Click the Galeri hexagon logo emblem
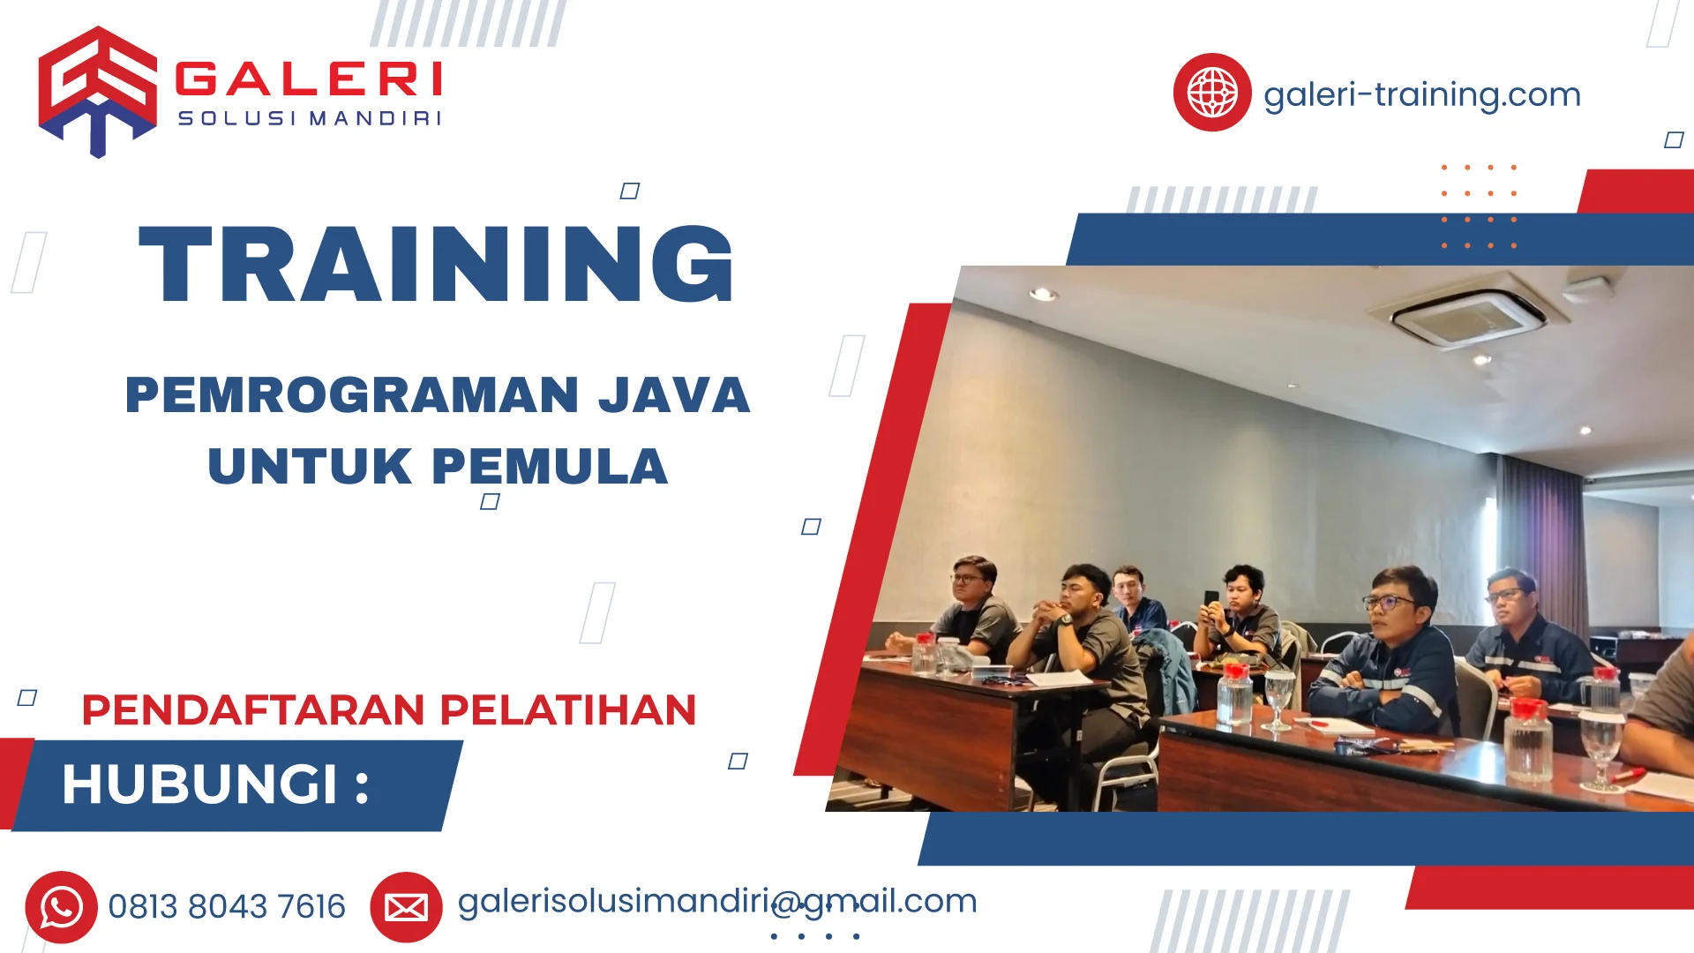[x=97, y=91]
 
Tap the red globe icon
[x=1211, y=92]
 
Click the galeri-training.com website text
[x=1421, y=94]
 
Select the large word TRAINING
[x=437, y=264]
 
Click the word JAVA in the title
[x=674, y=394]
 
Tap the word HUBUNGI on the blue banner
[x=200, y=784]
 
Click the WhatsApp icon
[x=61, y=907]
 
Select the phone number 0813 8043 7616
[x=227, y=907]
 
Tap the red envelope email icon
[x=406, y=907]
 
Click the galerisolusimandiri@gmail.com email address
[x=716, y=901]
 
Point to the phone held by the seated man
[x=1211, y=601]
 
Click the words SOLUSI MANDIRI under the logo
[x=310, y=118]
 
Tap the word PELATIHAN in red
[x=568, y=710]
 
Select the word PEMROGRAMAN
[x=352, y=394]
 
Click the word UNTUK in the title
[x=310, y=467]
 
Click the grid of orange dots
[x=1479, y=206]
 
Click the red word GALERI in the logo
[x=309, y=79]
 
